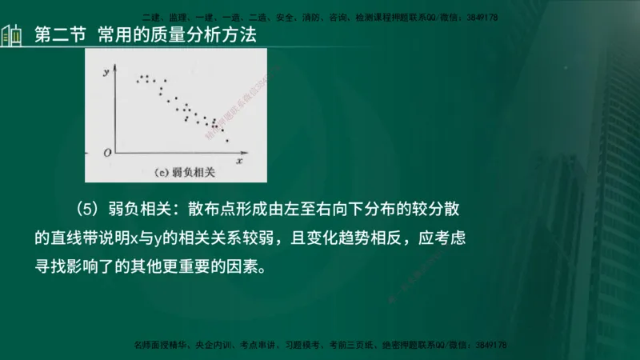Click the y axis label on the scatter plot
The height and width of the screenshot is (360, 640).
pyautogui.click(x=106, y=73)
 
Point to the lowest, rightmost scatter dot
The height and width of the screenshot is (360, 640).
pyautogui.click(x=227, y=141)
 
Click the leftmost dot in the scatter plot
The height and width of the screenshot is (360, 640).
pyautogui.click(x=138, y=81)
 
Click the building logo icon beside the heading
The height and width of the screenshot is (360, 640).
pyautogui.click(x=12, y=36)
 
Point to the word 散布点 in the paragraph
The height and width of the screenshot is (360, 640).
pyautogui.click(x=216, y=210)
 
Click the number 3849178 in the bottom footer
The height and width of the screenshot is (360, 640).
pyautogui.click(x=490, y=345)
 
